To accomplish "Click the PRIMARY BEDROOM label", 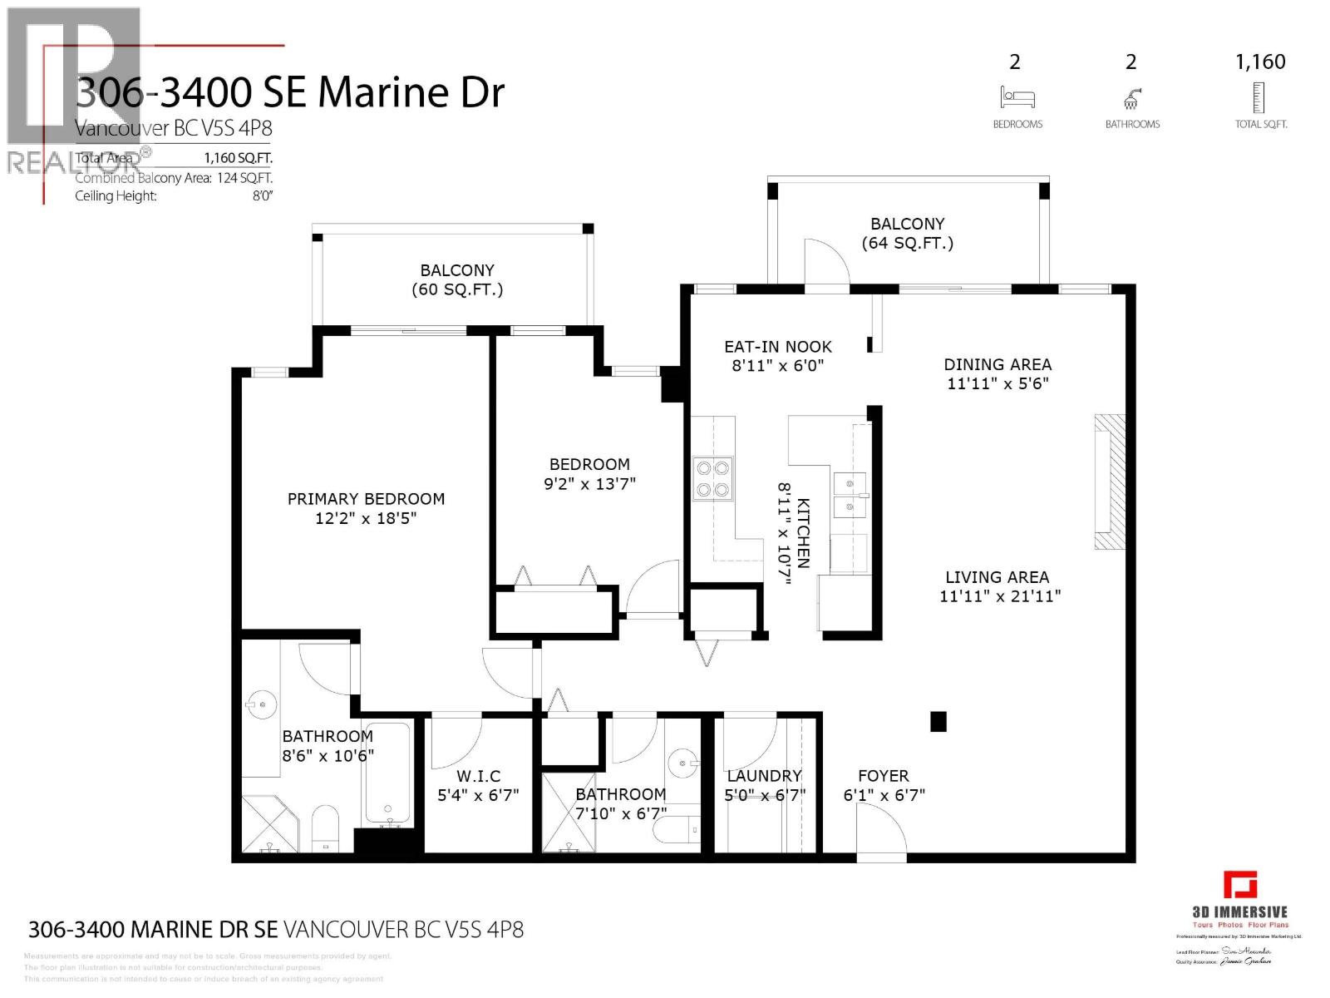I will (366, 499).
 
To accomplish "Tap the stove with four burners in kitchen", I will (713, 479).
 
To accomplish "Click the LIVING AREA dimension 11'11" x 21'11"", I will (1000, 596).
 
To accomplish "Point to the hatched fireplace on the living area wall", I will (1109, 482).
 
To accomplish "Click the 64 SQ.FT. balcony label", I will (907, 243).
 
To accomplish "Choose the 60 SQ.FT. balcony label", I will (457, 289).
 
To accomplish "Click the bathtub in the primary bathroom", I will (387, 774).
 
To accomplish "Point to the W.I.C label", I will (478, 776).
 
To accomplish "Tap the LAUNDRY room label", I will (763, 776).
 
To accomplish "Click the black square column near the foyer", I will (938, 722).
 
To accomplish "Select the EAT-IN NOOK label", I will (777, 347).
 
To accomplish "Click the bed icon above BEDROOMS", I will (1017, 98).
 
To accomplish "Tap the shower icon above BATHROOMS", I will (1131, 100).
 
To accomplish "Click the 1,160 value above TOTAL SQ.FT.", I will (1260, 62).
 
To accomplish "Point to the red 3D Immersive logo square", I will (1239, 885).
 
